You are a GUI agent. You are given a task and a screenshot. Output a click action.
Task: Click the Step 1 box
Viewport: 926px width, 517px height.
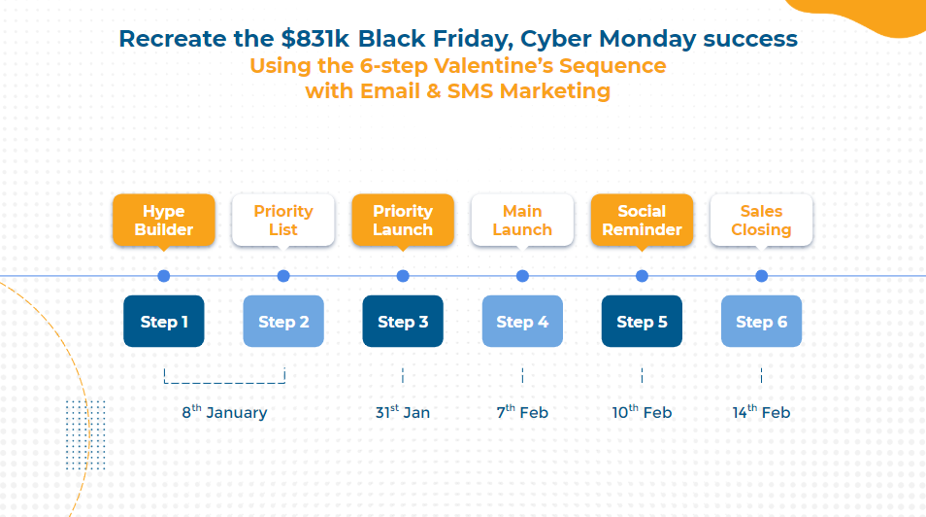164,322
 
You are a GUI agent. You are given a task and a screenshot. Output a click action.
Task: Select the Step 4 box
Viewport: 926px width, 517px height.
522,322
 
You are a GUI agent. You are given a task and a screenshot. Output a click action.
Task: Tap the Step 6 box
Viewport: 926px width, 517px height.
761,322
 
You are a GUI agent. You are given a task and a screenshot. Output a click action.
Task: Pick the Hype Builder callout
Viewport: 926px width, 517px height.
164,220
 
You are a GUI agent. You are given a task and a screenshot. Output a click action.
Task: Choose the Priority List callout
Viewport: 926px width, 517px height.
283,220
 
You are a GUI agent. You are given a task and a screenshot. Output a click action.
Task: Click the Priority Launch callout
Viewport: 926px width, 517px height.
403,220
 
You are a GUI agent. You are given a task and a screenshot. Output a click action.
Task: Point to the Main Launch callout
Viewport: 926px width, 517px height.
522,220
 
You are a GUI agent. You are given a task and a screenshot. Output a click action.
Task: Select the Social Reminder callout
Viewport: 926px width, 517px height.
642,220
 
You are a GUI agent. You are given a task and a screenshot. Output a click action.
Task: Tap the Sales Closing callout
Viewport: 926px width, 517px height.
761,220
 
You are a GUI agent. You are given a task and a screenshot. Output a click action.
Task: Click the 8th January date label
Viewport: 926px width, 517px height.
224,412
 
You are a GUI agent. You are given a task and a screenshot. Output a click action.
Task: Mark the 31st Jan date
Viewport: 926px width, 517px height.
403,412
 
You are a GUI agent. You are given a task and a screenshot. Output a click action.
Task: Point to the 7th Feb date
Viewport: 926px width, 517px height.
522,412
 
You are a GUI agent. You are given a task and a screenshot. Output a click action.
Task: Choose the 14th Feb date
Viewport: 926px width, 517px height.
761,412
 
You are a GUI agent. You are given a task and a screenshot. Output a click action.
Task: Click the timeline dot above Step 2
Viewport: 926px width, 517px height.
283,276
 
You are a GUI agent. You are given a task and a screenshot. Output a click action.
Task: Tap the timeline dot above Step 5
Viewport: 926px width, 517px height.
642,276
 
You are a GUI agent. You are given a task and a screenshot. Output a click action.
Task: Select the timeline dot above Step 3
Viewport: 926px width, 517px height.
403,276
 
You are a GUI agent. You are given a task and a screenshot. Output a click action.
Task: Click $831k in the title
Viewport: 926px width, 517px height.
315,39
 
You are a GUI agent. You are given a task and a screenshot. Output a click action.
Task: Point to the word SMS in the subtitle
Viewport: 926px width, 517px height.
470,91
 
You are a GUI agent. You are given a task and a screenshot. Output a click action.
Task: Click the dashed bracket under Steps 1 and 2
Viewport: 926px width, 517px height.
224,383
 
